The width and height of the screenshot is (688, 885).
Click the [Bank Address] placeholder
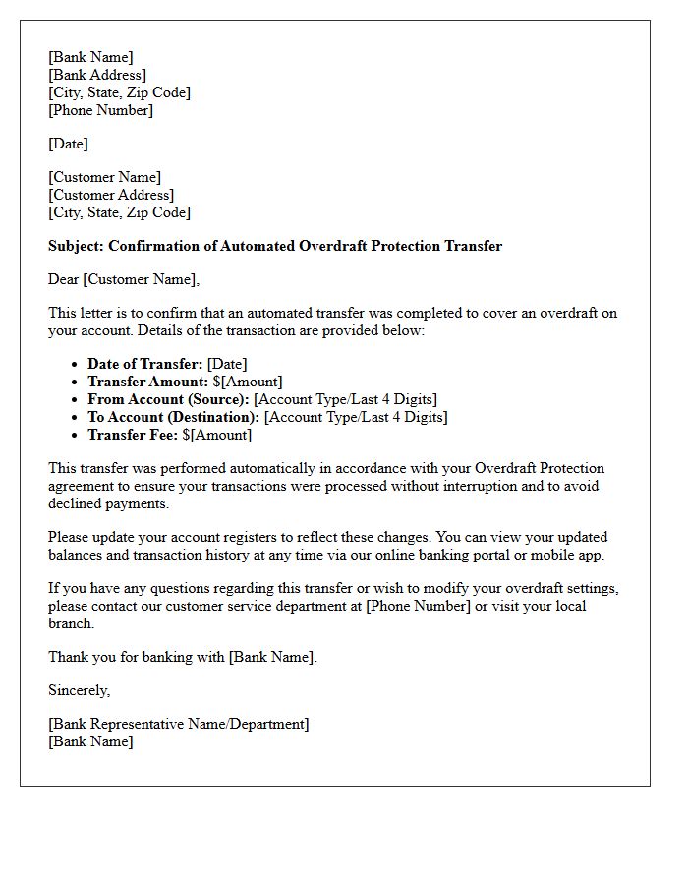pos(97,75)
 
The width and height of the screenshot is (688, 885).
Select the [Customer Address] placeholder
pos(111,195)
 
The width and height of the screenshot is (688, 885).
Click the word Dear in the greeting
pos(64,279)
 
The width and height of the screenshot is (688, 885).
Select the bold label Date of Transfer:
pos(145,364)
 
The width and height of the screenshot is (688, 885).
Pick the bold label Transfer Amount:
pos(146,382)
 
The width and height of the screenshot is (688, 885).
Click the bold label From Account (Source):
pos(168,399)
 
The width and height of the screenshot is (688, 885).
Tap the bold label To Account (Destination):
pos(174,417)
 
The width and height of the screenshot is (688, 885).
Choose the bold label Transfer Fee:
pos(133,435)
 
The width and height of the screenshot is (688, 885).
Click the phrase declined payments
pos(108,503)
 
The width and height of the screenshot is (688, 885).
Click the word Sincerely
pos(79,690)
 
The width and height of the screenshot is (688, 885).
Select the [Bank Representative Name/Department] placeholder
pos(178,724)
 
